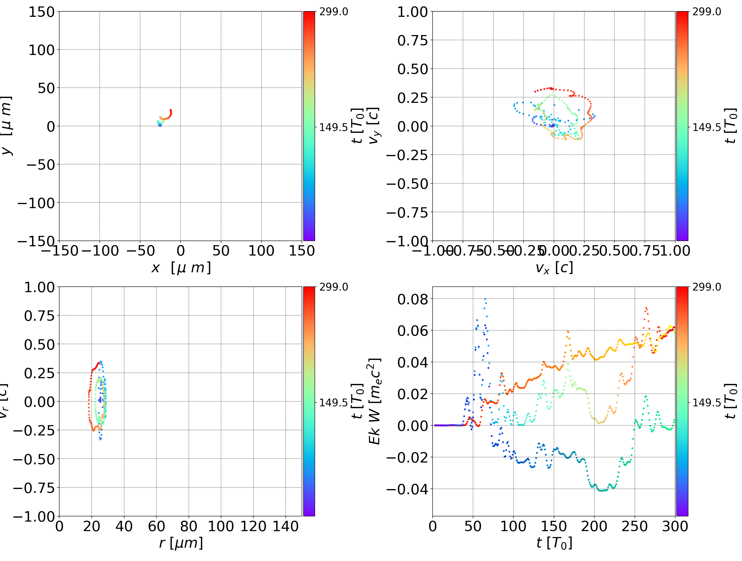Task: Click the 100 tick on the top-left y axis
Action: (x=41, y=50)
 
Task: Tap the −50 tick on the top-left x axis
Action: (x=140, y=251)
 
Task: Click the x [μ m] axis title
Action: (x=181, y=268)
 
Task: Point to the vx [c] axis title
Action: (x=554, y=268)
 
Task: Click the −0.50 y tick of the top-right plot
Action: (x=407, y=184)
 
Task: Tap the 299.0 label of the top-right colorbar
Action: (x=706, y=12)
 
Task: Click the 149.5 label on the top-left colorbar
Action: (x=333, y=128)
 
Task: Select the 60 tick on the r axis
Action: (x=156, y=526)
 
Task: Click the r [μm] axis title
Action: (x=181, y=543)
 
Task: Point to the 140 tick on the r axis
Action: (x=285, y=526)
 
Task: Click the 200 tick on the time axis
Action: (x=594, y=526)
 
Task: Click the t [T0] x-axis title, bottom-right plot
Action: (x=554, y=543)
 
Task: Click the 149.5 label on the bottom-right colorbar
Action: (x=706, y=402)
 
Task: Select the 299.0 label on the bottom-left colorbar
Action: (x=333, y=287)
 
